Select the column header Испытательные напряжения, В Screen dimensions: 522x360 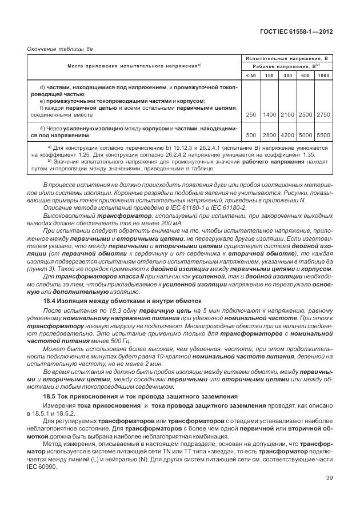[x=287, y=59]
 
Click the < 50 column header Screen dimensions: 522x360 [x=251, y=75]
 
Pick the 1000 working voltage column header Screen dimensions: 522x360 [x=323, y=75]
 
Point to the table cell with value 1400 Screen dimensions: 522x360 [x=269, y=115]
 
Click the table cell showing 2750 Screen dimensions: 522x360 [x=323, y=115]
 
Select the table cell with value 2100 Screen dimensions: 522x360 [x=287, y=115]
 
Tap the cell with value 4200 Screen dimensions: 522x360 [x=287, y=136]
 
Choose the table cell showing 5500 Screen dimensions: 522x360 [x=323, y=136]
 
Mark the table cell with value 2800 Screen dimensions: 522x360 [x=269, y=136]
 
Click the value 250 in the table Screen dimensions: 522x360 [x=251, y=115]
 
